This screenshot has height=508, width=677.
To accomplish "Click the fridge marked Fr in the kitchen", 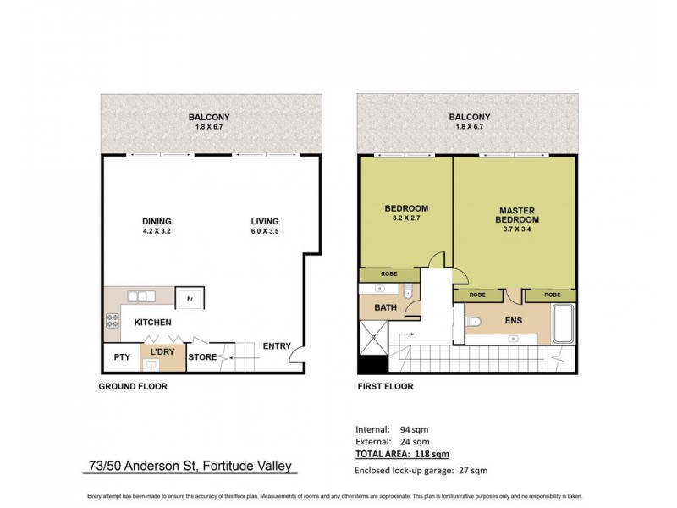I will coord(187,299).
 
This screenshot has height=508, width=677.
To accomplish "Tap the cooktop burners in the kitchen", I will coord(111,322).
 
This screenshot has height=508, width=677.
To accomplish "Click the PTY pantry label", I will coord(121,357).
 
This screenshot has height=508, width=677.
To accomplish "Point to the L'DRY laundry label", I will coord(162,351).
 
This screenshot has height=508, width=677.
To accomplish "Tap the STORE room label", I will coord(202,357).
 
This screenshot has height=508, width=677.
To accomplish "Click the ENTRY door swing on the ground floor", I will coord(294,362).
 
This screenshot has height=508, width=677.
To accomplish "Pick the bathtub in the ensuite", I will coord(564,325).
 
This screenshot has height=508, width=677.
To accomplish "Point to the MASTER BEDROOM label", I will coord(519,215).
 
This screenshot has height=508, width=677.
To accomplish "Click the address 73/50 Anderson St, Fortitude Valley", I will coord(193,467).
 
